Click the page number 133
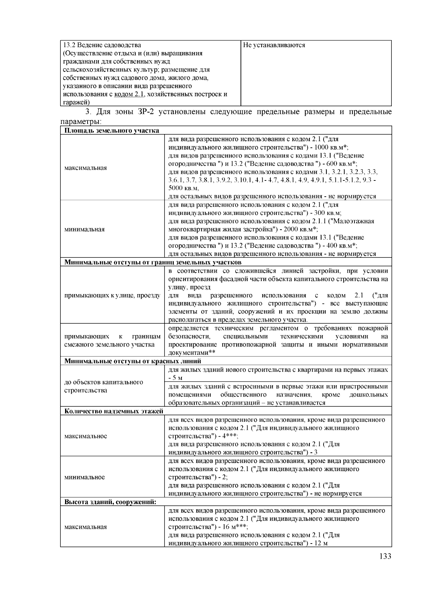pos(385,556)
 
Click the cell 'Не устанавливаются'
pos(274,45)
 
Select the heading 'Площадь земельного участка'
pos(111,131)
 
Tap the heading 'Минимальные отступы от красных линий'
pos(133,361)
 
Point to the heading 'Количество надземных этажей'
pos(114,411)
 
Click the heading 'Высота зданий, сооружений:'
pos(110,502)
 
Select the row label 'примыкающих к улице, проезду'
pos(112,296)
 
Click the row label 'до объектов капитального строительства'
pos(103,386)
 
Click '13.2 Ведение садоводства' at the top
pos(102,45)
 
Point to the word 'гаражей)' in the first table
pos(76,102)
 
